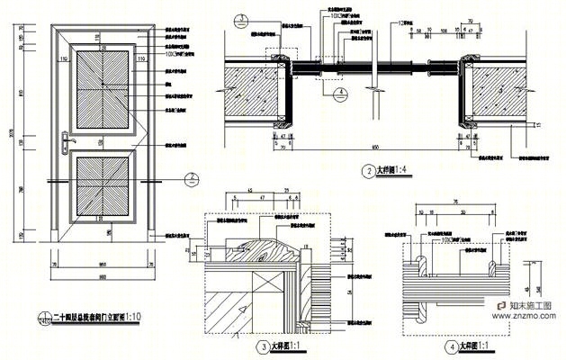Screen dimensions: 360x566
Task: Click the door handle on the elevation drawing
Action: tap(62, 139)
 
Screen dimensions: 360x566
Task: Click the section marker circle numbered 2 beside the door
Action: tap(192, 178)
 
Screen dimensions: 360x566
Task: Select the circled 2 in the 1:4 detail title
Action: tap(367, 171)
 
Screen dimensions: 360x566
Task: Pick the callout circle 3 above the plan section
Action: tap(242, 17)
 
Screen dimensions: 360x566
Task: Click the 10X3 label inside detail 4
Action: tap(451, 241)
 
